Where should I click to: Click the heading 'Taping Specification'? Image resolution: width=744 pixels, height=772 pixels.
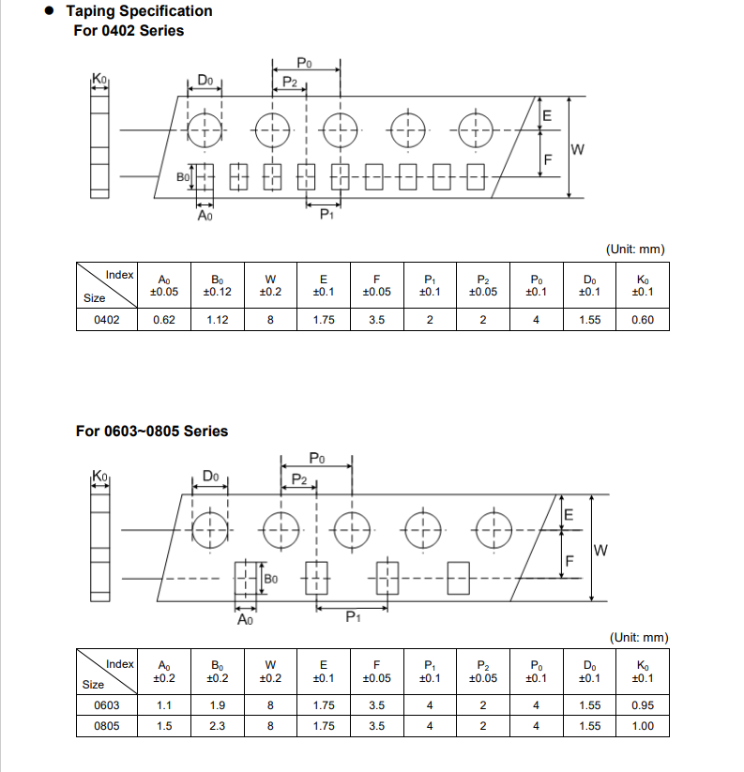coord(139,11)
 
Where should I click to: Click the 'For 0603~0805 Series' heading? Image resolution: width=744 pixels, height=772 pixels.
coord(151,431)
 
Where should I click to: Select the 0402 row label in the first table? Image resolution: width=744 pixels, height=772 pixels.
coord(107,321)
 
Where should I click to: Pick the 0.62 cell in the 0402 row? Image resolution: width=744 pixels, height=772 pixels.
coord(164,321)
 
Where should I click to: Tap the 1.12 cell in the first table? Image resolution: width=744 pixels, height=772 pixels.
coord(217,321)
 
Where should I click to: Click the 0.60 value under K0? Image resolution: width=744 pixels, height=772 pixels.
coord(643,321)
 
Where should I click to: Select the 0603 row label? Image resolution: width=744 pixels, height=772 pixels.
coord(107,706)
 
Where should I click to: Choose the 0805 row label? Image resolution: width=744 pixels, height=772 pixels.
coord(107,726)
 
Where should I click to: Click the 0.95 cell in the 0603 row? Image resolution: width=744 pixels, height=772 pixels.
coord(643,706)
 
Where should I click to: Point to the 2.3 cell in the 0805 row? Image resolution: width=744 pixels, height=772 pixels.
coord(217,726)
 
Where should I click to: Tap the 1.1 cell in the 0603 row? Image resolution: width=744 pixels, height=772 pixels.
coord(164,706)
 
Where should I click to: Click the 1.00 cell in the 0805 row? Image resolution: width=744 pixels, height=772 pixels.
coord(643,726)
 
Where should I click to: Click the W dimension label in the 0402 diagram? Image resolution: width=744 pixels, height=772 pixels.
coord(578,149)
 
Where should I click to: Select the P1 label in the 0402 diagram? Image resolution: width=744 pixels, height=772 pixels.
coord(326,215)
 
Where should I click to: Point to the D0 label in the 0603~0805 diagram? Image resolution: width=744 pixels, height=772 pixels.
coord(210,477)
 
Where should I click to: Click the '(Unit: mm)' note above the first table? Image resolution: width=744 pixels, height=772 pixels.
coord(635,249)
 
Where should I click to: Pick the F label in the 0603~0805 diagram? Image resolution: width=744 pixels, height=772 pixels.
coord(568,562)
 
